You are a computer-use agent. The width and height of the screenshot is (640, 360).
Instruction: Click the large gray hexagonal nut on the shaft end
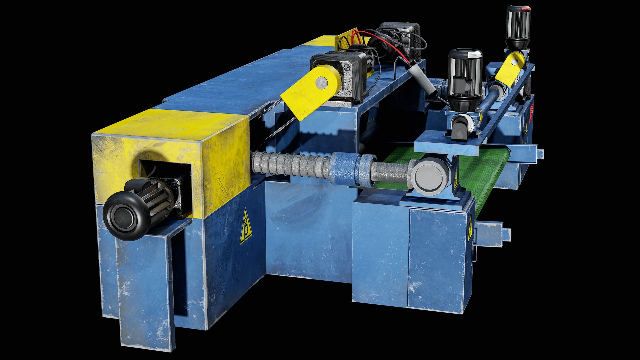pyautogui.click(x=430, y=177)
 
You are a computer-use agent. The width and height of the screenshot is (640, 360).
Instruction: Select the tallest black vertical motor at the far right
pyautogui.click(x=518, y=25)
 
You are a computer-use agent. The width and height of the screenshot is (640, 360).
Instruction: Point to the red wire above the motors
pyautogui.click(x=393, y=47)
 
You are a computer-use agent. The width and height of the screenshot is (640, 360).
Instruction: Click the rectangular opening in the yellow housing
pyautogui.click(x=165, y=177)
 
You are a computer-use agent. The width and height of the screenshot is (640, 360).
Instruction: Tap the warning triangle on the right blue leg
pyautogui.click(x=470, y=230)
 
